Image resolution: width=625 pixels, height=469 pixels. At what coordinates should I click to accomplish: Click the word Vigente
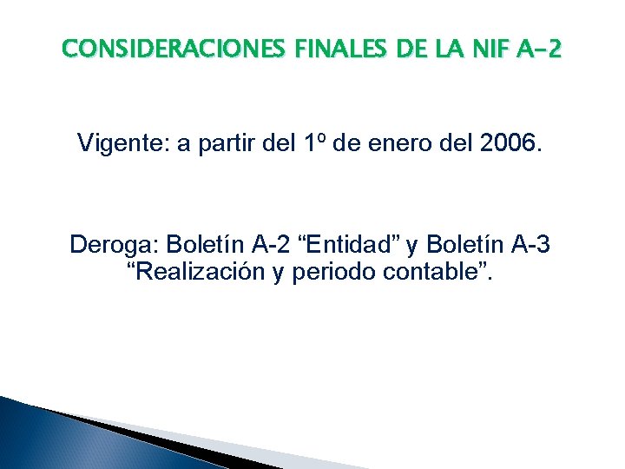click(122, 143)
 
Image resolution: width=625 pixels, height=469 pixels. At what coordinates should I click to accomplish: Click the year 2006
click(512, 143)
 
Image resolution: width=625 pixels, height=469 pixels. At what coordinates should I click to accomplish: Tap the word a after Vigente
click(184, 143)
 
